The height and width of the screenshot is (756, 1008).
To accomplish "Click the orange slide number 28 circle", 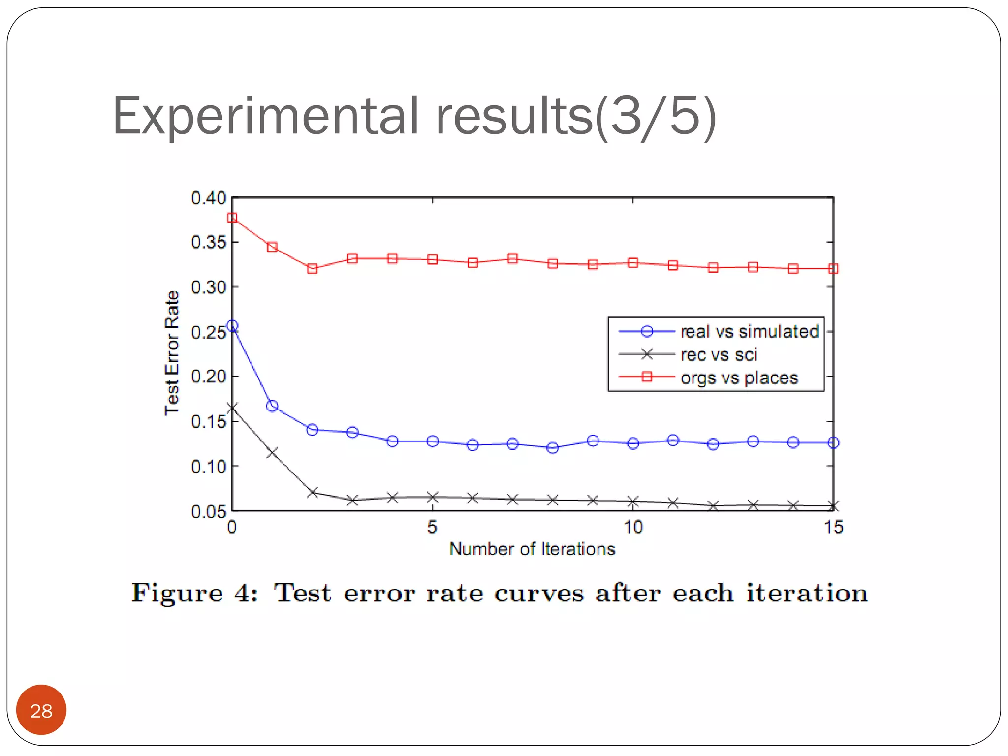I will click(x=41, y=710).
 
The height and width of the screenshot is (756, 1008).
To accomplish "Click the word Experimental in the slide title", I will click(x=266, y=117).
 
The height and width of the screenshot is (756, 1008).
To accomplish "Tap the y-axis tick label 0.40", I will click(x=208, y=198).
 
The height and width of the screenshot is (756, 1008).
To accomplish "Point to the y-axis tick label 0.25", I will click(x=208, y=332).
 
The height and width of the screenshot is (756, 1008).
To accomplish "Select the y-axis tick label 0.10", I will click(x=208, y=467).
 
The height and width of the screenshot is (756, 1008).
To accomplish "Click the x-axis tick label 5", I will click(x=432, y=528).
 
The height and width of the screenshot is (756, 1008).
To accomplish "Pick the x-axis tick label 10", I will click(x=633, y=528).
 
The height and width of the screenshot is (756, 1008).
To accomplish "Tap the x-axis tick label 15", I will click(x=833, y=528).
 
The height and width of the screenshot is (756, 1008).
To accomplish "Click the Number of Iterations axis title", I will click(x=532, y=549).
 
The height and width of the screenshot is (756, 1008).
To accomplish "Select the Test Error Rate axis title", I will click(x=172, y=353).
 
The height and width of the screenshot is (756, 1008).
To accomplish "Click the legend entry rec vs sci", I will click(x=719, y=354).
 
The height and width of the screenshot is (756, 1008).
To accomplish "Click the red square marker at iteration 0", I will click(x=232, y=218).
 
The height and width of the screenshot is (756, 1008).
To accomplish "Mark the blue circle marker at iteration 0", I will click(x=232, y=326).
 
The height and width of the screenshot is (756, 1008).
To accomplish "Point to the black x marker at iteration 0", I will click(x=232, y=408).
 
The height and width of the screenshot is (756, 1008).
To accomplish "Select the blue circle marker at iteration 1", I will click(x=272, y=406).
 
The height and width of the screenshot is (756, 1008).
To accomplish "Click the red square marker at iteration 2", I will click(x=312, y=269).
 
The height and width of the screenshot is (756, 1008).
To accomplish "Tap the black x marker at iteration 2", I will click(x=312, y=492).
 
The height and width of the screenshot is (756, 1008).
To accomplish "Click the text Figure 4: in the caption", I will click(x=194, y=593).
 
